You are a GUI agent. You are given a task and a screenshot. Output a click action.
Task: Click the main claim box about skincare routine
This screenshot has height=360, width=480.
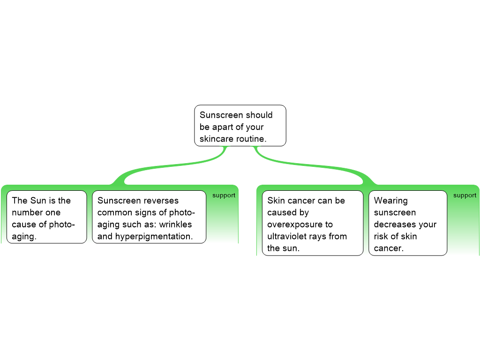pos(240,126)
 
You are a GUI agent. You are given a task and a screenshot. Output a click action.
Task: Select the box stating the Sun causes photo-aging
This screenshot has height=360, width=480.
pos(47,217)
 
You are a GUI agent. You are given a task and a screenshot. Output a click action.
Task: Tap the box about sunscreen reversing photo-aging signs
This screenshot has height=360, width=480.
pos(149,217)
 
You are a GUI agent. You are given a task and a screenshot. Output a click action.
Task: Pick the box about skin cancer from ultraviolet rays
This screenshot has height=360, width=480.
pos(312,223)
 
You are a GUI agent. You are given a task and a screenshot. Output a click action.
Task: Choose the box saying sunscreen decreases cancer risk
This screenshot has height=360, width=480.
pos(407,223)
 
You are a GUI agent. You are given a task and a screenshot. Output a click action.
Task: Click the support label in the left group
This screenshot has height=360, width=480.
pos(224,195)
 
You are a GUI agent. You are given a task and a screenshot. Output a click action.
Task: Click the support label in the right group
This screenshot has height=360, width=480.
pos(465,195)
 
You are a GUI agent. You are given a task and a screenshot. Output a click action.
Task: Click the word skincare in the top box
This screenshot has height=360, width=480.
pos(216,139)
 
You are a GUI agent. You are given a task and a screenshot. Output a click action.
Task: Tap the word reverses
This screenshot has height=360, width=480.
pos(161,201)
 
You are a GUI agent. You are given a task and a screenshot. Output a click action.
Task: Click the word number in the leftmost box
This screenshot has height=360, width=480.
pos(27,213)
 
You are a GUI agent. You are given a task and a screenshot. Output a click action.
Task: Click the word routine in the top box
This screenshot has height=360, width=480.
pos(251,139)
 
